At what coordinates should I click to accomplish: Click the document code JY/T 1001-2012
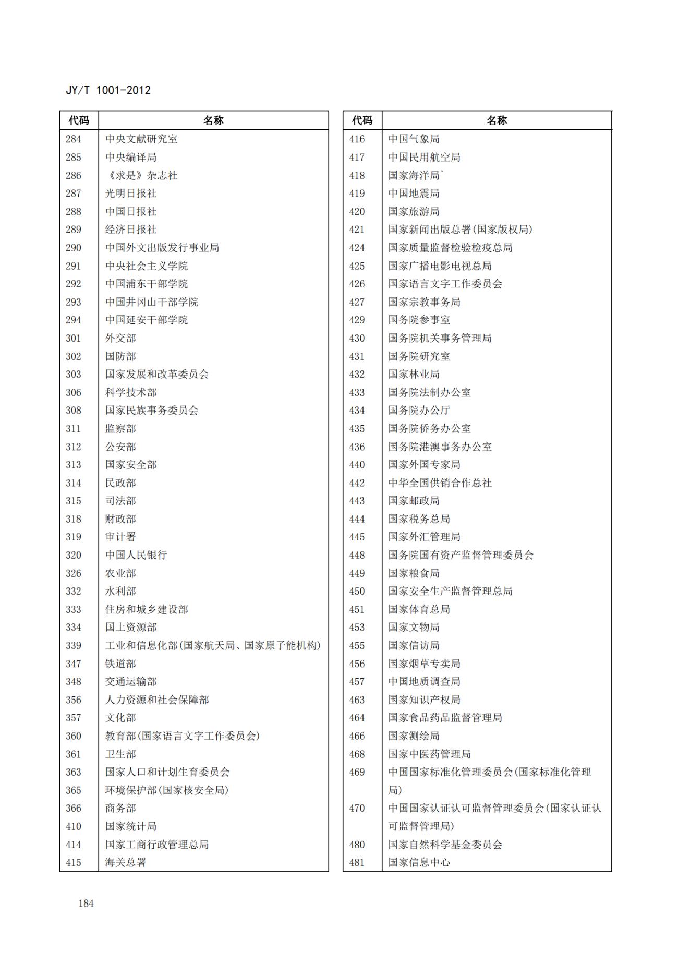pyautogui.click(x=108, y=90)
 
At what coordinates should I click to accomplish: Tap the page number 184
pyautogui.click(x=86, y=903)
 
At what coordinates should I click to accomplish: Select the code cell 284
pyautogui.click(x=74, y=139)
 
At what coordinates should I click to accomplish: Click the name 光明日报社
pyautogui.click(x=131, y=194)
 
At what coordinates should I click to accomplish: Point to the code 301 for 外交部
pyautogui.click(x=74, y=339)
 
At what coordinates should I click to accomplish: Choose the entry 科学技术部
pyautogui.click(x=131, y=393)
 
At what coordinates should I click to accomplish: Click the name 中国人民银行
pyautogui.click(x=136, y=555)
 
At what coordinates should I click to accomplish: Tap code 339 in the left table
pyautogui.click(x=74, y=646)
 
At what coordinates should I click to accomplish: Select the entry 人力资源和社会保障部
pyautogui.click(x=157, y=700)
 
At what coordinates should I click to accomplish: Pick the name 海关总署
pyautogui.click(x=126, y=863)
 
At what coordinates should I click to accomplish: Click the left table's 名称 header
pyautogui.click(x=213, y=121)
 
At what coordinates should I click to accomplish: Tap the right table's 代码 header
pyautogui.click(x=362, y=121)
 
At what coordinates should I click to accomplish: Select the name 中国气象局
pyautogui.click(x=414, y=139)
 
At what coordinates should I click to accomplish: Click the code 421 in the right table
pyautogui.click(x=357, y=230)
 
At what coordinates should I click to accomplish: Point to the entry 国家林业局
pyautogui.click(x=414, y=375)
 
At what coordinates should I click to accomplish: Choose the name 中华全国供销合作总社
pyautogui.click(x=440, y=483)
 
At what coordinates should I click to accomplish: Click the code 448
pyautogui.click(x=357, y=555)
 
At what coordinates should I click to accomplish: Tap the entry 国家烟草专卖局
pyautogui.click(x=425, y=664)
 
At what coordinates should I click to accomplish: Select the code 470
pyautogui.click(x=357, y=809)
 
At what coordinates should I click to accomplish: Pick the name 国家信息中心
pyautogui.click(x=419, y=863)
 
